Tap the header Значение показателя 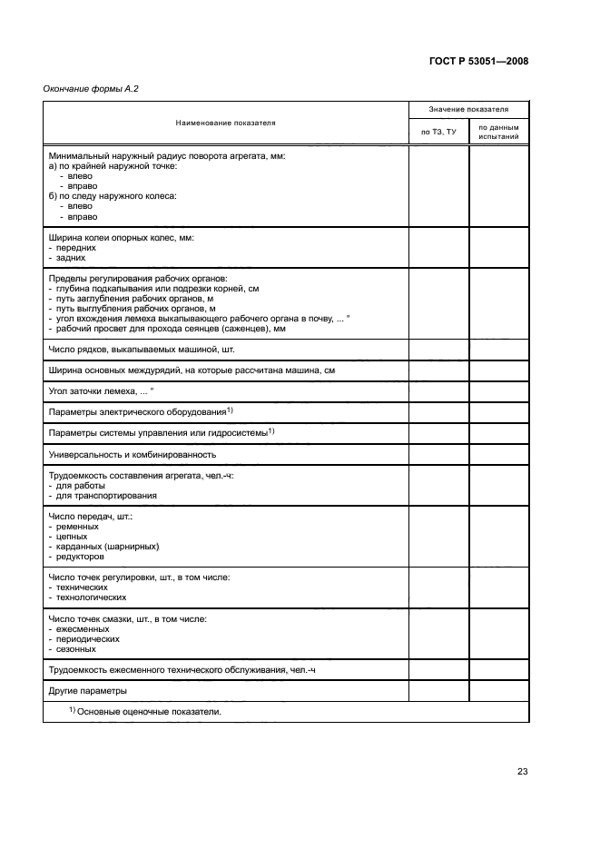click(468, 108)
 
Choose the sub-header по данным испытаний click(498, 133)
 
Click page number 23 click(522, 772)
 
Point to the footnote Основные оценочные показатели click(145, 712)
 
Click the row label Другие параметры click(88, 692)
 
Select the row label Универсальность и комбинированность click(132, 454)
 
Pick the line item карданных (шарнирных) click(107, 547)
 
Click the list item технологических click(90, 597)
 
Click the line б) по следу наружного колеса click(112, 196)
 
